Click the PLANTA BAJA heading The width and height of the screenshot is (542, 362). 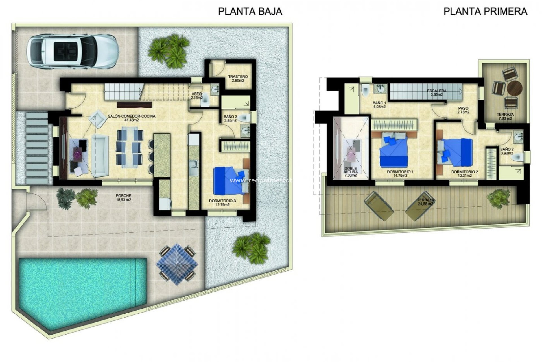click(250, 11)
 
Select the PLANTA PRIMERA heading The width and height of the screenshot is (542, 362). click(485, 11)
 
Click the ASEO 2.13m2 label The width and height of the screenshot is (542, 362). click(197, 96)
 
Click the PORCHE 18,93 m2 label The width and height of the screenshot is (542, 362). click(123, 198)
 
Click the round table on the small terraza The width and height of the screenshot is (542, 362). click(514, 88)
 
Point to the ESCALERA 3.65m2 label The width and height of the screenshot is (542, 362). click(437, 92)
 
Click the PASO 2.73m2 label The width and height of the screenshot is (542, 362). click(463, 110)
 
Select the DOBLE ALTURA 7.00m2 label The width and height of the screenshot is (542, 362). click(351, 172)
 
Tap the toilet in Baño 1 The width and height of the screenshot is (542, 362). click(366, 90)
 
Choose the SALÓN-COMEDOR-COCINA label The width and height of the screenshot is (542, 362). click(132, 118)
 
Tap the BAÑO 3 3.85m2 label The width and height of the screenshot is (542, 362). click(230, 118)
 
